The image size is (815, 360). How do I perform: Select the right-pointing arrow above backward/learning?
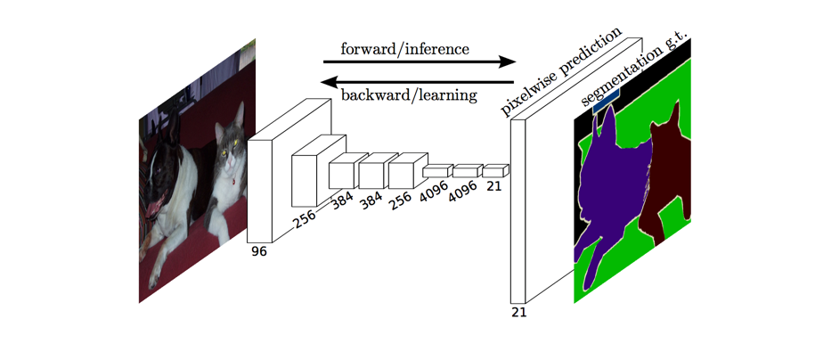click(x=419, y=62)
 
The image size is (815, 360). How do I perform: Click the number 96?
click(x=258, y=251)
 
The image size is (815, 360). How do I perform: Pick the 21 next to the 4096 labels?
click(x=493, y=185)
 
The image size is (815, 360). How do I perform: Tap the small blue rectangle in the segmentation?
click(x=606, y=104)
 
